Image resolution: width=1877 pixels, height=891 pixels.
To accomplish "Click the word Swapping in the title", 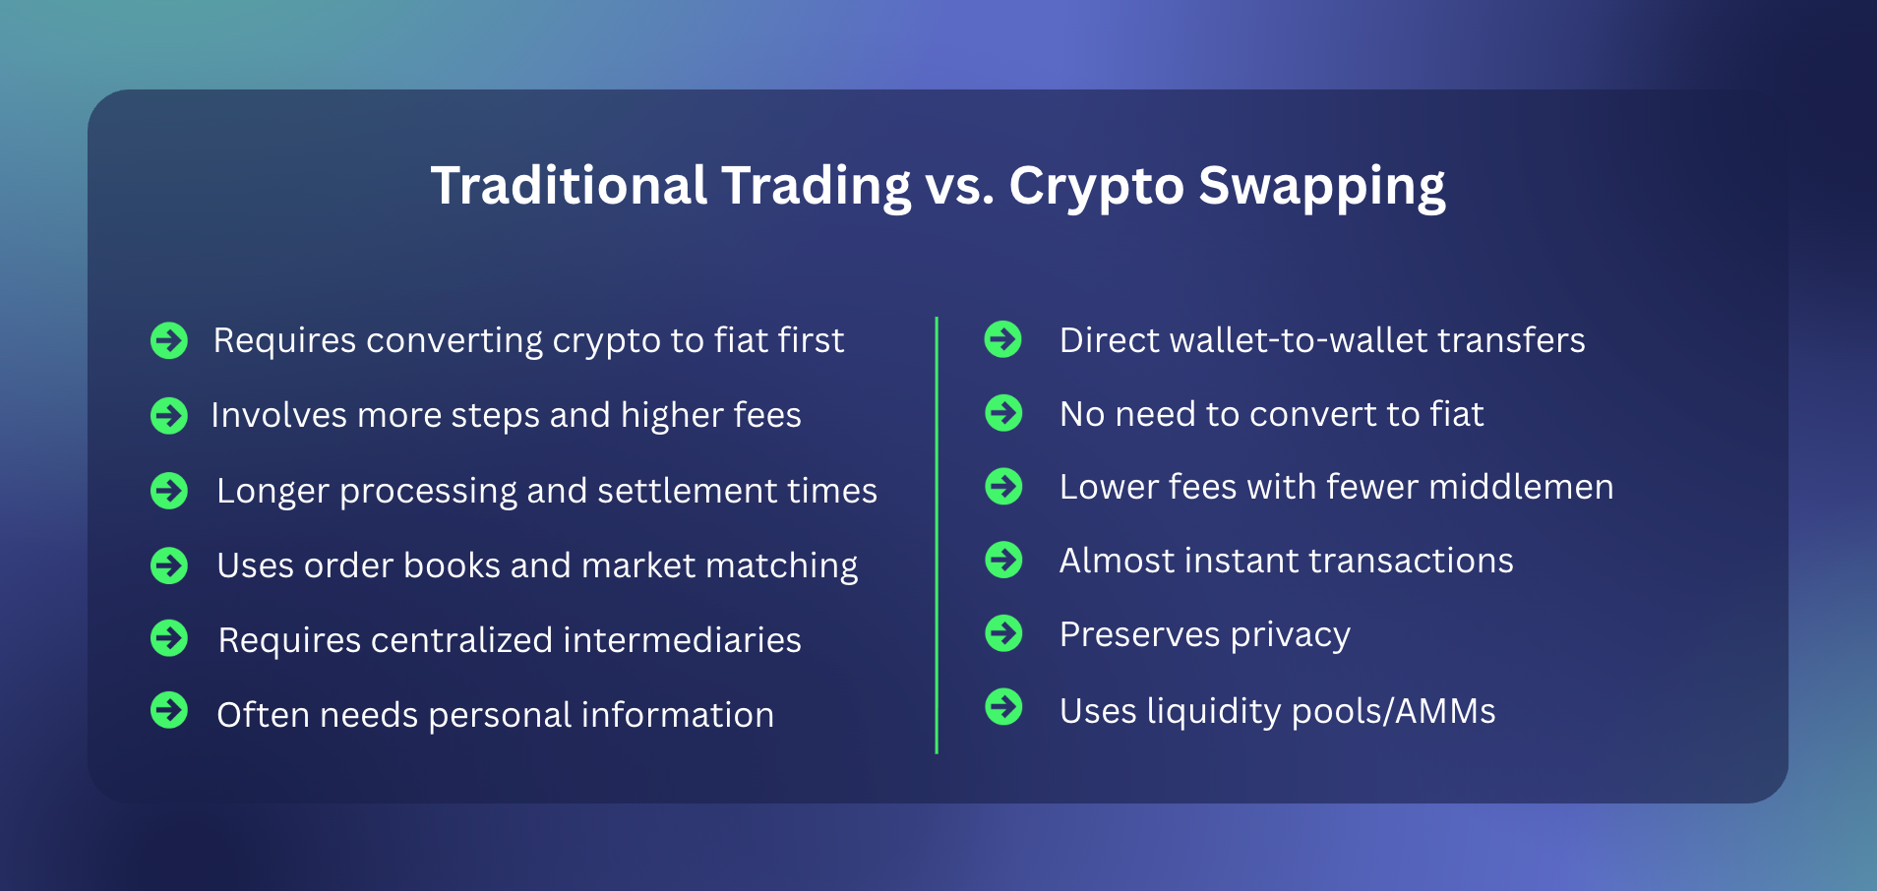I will point(1321,186).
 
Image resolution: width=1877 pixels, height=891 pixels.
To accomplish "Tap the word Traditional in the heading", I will point(569,186).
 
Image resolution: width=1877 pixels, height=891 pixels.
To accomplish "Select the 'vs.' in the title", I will point(959,186).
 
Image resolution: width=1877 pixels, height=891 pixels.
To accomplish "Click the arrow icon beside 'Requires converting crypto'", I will point(169,340).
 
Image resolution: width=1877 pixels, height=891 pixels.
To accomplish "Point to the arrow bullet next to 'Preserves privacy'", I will point(1003,633).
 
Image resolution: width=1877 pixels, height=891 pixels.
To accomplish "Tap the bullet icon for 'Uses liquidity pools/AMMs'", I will point(1003,707).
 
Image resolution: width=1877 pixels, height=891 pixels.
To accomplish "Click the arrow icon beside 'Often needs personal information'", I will point(169,710).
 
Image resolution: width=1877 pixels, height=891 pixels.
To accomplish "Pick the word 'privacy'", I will point(1290,635).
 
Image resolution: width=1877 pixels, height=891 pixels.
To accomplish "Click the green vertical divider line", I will point(937,535).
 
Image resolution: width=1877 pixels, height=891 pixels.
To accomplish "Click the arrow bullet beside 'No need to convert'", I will point(1003,413).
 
